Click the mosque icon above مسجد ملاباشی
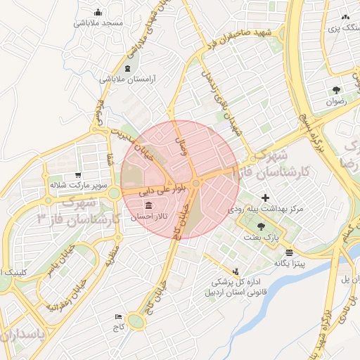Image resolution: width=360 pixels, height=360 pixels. click(x=98, y=12)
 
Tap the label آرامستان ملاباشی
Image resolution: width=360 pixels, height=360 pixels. click(x=127, y=79)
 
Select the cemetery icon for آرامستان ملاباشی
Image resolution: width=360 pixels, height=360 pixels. click(x=127, y=68)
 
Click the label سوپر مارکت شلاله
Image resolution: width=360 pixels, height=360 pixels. click(x=77, y=186)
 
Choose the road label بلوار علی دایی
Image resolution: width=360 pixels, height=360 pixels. click(x=146, y=189)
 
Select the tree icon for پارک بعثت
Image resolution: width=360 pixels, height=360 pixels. click(x=262, y=226)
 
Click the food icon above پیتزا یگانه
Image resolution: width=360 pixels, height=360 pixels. click(x=289, y=252)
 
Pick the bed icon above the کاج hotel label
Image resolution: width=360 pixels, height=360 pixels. click(x=117, y=317)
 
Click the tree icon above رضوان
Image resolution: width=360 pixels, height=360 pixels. click(x=336, y=90)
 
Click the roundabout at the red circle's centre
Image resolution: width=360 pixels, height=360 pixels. click(x=196, y=183)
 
